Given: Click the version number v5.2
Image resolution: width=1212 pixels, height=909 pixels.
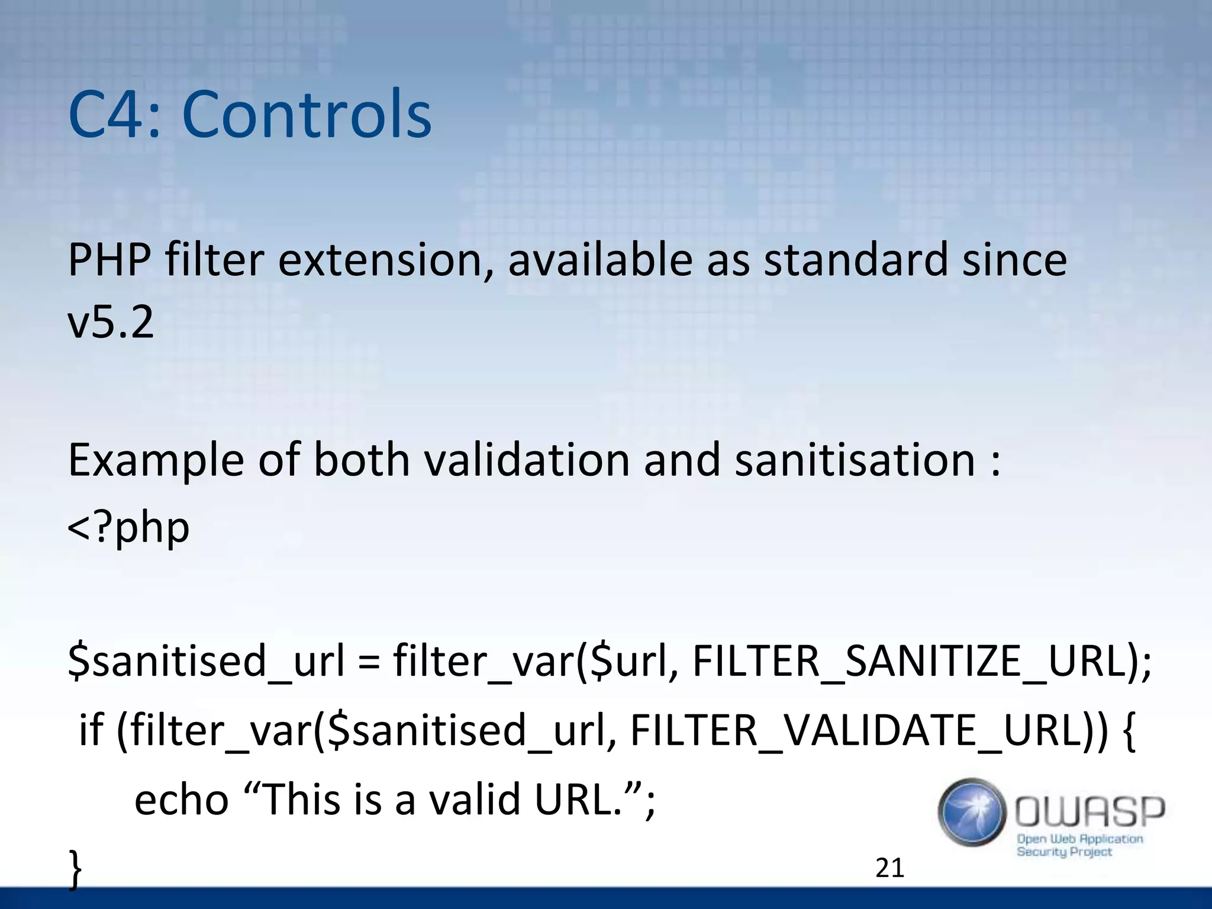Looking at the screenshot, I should (x=111, y=322).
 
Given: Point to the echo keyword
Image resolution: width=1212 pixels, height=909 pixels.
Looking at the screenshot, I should (x=181, y=800).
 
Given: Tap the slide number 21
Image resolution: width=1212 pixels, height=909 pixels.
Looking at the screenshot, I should (x=889, y=868).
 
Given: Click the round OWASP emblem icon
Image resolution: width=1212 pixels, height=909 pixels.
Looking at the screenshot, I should (x=972, y=812).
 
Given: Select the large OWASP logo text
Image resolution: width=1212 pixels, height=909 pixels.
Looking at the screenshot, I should (x=1090, y=811).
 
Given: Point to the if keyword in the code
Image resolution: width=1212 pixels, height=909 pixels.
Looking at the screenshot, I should (x=92, y=730).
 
